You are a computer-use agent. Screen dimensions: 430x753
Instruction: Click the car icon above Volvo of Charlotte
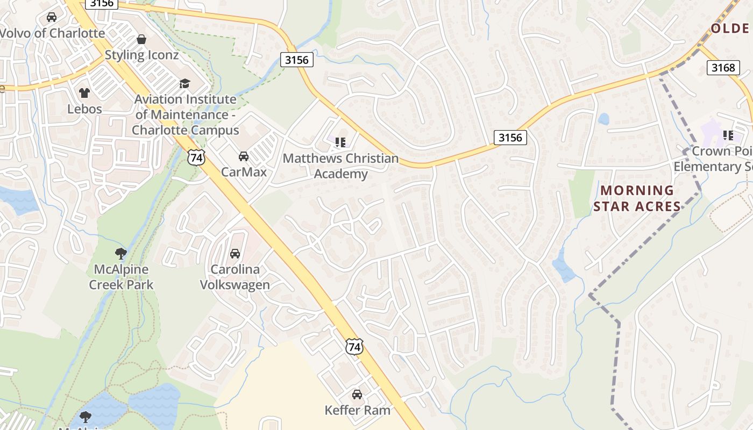pyautogui.click(x=52, y=17)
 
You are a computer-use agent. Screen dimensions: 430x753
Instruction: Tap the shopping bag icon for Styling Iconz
pyautogui.click(x=141, y=39)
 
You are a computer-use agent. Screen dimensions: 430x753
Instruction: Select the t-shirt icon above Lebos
pyautogui.click(x=84, y=93)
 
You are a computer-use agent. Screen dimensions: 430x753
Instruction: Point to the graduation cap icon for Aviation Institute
pyautogui.click(x=185, y=83)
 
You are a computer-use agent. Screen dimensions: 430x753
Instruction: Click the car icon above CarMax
pyautogui.click(x=244, y=156)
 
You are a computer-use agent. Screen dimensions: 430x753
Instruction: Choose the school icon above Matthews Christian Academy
pyautogui.click(x=340, y=142)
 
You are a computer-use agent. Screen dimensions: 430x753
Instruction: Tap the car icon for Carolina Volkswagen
pyautogui.click(x=235, y=254)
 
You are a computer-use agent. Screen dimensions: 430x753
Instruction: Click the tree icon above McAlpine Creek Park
pyautogui.click(x=121, y=253)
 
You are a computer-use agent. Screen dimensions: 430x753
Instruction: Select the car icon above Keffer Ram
pyautogui.click(x=357, y=395)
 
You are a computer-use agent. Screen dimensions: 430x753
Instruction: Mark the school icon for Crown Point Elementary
pyautogui.click(x=729, y=135)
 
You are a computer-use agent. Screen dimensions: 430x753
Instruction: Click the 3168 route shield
pyautogui.click(x=722, y=67)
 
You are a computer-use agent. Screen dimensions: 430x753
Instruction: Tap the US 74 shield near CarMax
pyautogui.click(x=196, y=157)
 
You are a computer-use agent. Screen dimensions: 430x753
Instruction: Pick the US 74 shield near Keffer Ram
pyautogui.click(x=354, y=347)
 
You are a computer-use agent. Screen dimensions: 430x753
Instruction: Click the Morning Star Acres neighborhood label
pyautogui.click(x=637, y=198)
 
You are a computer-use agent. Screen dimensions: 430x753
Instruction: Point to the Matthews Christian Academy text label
pyautogui.click(x=340, y=166)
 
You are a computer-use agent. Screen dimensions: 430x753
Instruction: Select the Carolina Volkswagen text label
pyautogui.click(x=235, y=277)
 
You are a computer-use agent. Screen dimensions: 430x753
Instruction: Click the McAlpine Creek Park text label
pyautogui.click(x=121, y=277)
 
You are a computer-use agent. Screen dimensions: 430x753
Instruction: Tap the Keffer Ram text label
pyautogui.click(x=357, y=411)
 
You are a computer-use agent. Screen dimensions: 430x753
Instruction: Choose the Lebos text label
pyautogui.click(x=84, y=109)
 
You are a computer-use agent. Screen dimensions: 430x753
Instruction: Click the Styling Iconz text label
pyautogui.click(x=141, y=55)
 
